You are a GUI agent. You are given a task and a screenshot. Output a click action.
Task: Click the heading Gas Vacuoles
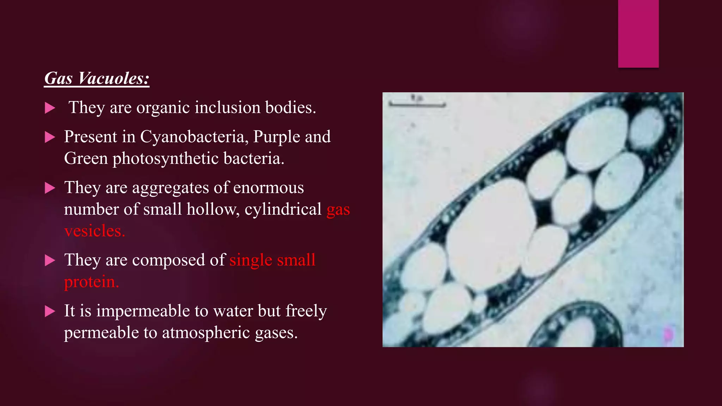(97, 78)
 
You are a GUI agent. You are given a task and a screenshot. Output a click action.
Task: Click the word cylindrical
(283, 209)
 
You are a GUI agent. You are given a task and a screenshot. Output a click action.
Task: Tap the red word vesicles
(94, 231)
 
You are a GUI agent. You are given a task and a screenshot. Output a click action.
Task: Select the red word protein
(91, 282)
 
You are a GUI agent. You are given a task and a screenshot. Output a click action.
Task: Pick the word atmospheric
(206, 333)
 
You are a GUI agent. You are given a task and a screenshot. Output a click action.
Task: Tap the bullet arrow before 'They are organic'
(50, 108)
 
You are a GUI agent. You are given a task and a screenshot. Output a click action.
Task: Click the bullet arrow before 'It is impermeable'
(50, 312)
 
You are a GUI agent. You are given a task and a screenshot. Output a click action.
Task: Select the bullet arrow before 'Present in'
(50, 137)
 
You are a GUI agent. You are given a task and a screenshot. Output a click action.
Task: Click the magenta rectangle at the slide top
(638, 33)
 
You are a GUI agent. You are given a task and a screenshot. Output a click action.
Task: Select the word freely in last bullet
(306, 311)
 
